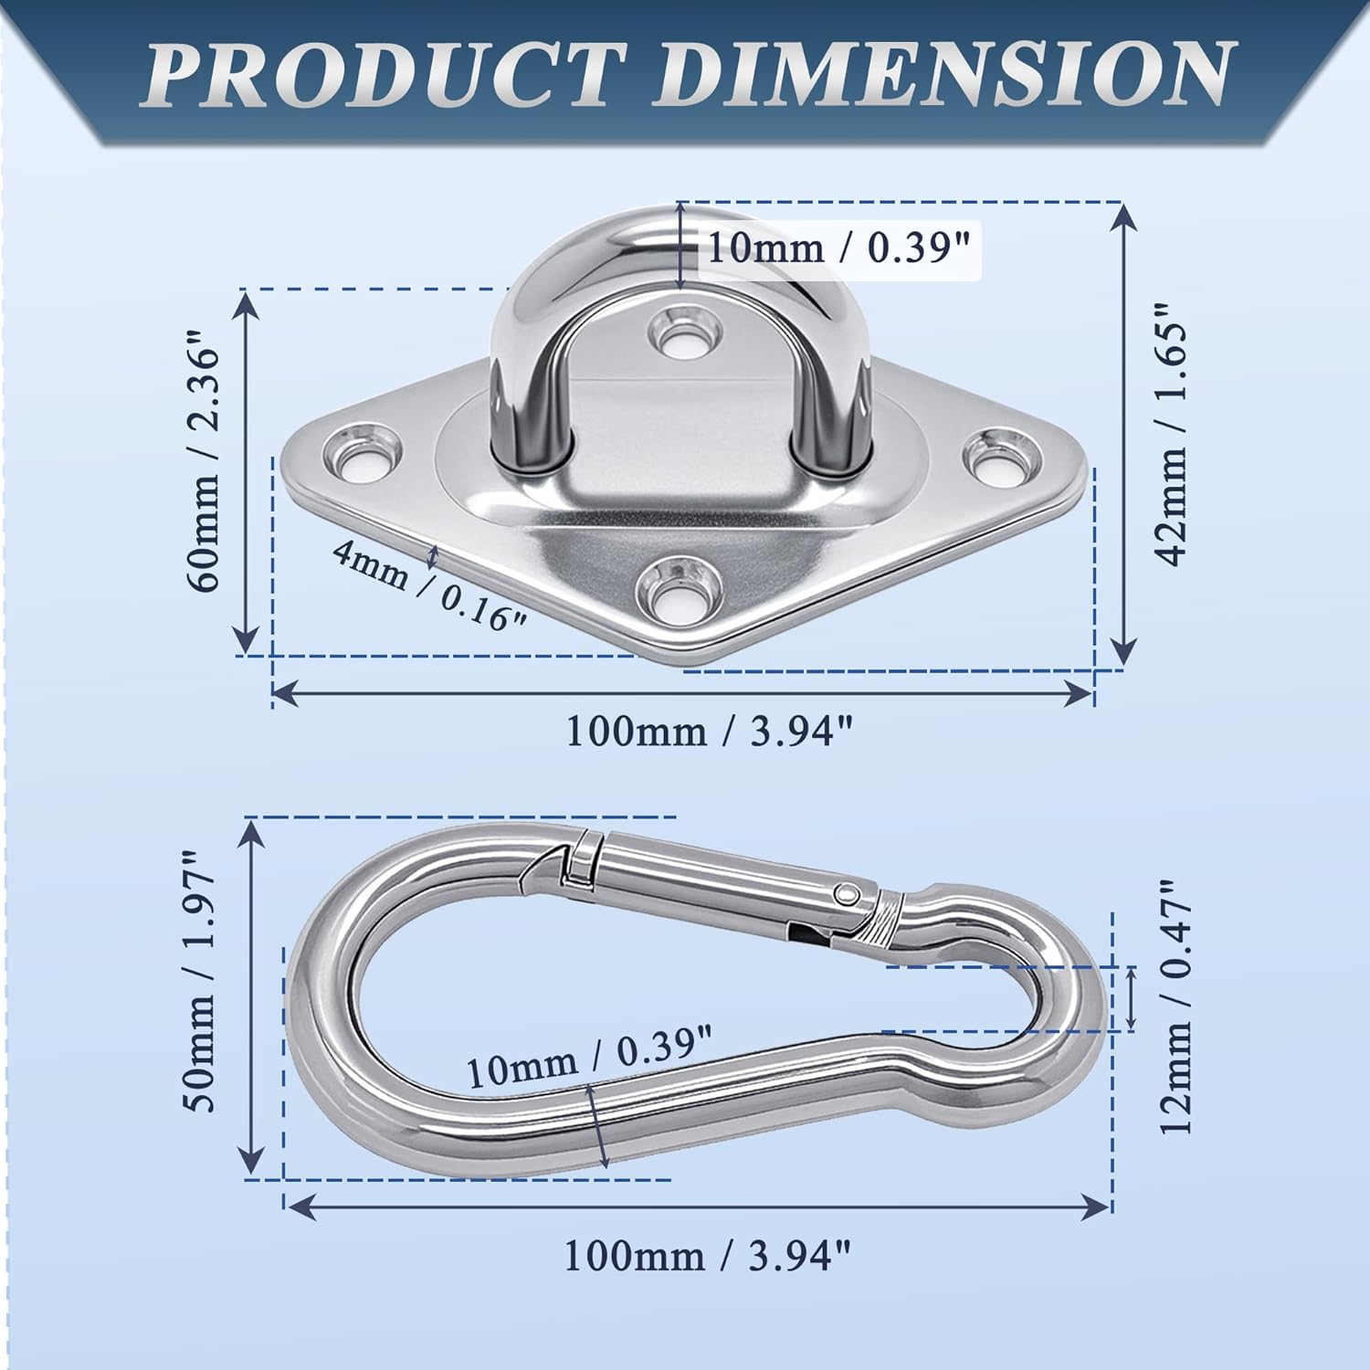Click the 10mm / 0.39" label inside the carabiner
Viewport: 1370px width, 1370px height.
589,1056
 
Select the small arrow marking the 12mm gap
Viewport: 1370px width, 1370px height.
1133,998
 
